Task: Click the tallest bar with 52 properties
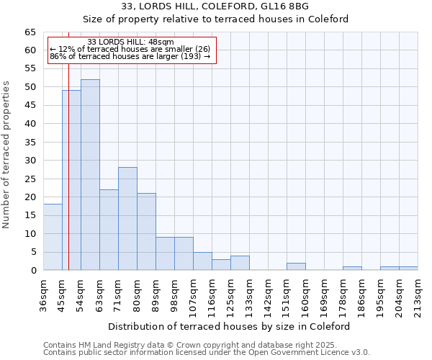(90, 175)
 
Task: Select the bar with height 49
(71, 180)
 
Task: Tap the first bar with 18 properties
(53, 237)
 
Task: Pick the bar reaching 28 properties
(127, 219)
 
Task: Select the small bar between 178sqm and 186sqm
(352, 268)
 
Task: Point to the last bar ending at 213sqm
(408, 268)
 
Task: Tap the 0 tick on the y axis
(32, 271)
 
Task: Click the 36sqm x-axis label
(44, 294)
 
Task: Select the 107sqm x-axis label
(194, 294)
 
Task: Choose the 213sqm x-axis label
(418, 294)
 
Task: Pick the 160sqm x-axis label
(306, 294)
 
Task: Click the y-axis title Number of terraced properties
(7, 154)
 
